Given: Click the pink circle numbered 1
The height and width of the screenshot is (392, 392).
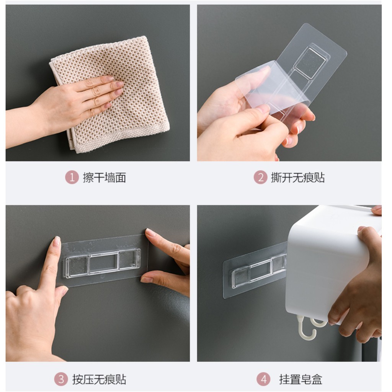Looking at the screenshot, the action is coord(72,178).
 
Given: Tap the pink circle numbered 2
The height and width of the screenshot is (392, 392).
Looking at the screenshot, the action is coord(260,178).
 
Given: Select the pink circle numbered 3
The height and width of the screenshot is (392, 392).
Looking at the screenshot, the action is coord(61,379).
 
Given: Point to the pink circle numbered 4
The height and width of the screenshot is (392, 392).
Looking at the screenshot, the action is coord(263,379).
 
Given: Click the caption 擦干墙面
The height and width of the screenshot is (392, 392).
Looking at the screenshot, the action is coord(105,178).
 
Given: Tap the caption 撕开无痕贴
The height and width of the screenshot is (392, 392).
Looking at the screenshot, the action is coord(298,178).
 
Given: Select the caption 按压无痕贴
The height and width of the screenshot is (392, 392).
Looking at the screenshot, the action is coord(99,379).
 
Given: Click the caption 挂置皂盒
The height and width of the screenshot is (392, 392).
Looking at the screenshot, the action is coord(301,379).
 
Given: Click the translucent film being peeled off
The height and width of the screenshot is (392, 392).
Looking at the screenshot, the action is coord(273,86).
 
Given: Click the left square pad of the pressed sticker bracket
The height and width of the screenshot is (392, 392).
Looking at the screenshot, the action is coord(77,266).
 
